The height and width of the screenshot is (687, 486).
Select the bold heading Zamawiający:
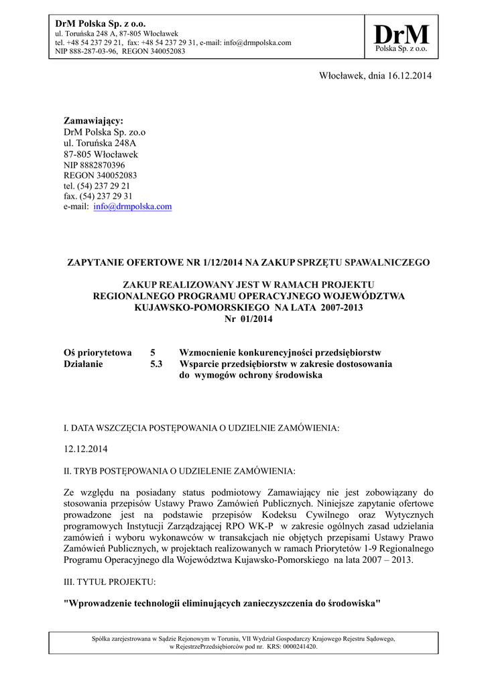click(94, 121)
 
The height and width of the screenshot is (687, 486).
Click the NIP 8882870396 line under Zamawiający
click(94, 164)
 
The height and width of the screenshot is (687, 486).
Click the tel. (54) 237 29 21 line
click(97, 186)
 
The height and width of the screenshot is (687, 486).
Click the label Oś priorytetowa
click(97, 353)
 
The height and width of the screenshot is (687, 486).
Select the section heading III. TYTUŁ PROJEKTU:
click(109, 582)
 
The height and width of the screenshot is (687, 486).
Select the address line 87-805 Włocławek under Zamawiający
click(101, 154)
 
